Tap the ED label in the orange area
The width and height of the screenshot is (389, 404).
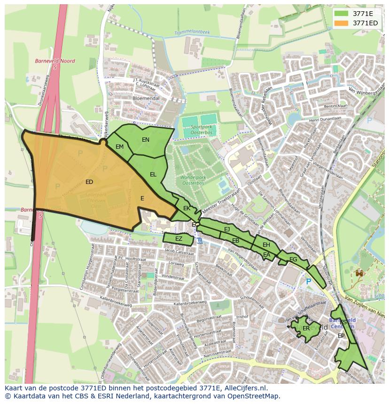pyautogui.click(x=89, y=182)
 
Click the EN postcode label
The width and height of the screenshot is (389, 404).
pyautogui.click(x=146, y=140)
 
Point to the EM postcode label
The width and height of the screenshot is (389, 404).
pyautogui.click(x=120, y=147)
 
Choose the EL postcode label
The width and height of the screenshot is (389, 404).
pyautogui.click(x=153, y=175)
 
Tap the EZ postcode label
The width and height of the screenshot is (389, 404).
pyautogui.click(x=179, y=239)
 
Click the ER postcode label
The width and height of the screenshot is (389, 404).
pyautogui.click(x=306, y=328)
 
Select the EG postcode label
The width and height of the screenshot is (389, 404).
pyautogui.click(x=293, y=259)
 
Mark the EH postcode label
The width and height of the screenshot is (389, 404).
pyautogui.click(x=266, y=245)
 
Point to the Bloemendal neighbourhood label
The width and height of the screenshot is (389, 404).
pyautogui.click(x=146, y=99)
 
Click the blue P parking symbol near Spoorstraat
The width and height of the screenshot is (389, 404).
pyautogui.click(x=308, y=282)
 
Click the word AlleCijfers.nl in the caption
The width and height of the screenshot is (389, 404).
pyautogui.click(x=244, y=388)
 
